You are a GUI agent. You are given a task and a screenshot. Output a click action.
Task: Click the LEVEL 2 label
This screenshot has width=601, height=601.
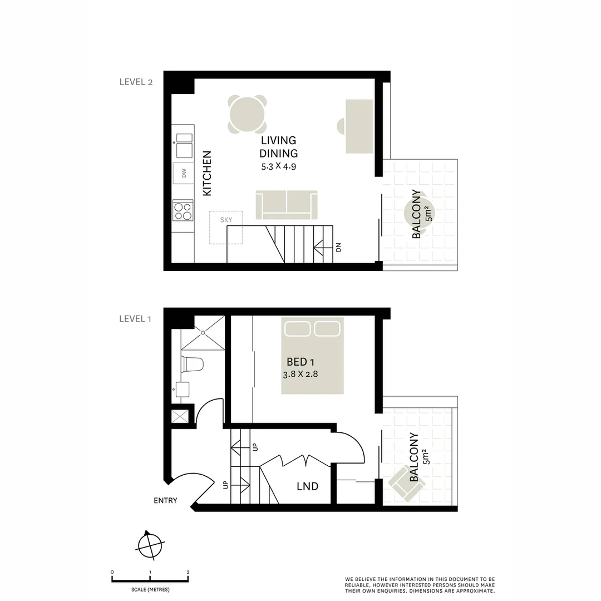(x=136, y=82)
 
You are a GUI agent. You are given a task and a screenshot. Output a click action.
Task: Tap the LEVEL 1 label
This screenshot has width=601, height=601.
(x=135, y=319)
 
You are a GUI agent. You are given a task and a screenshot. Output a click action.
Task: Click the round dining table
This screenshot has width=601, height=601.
(x=247, y=115)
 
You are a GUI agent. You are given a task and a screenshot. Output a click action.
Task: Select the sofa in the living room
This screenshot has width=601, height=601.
(x=286, y=205)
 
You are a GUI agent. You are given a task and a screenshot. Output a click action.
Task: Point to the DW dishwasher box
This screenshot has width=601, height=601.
(x=183, y=174)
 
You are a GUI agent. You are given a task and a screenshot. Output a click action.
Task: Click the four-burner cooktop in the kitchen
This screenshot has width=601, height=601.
(x=183, y=211)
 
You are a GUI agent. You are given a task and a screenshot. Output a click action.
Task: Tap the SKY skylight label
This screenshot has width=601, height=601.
(x=226, y=220)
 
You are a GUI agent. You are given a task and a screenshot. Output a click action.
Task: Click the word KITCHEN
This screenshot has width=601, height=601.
(x=207, y=173)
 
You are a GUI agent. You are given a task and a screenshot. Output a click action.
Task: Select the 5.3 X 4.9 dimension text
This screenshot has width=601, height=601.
(x=278, y=166)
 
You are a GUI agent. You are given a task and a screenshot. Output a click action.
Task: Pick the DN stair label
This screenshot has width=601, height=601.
(x=338, y=247)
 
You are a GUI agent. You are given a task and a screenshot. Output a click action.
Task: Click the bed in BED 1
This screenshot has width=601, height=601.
(x=312, y=356)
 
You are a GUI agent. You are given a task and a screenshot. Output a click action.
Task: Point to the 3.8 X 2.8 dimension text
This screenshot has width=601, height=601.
(x=300, y=374)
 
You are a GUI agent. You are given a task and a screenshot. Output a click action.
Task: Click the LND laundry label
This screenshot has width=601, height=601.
(x=307, y=486)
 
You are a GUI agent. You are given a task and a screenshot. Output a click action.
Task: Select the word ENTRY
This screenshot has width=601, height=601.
(x=165, y=500)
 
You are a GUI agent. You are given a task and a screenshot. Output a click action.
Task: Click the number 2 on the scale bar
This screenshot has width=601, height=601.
(x=188, y=572)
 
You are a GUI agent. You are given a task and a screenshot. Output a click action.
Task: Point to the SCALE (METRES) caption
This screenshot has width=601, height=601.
(x=150, y=589)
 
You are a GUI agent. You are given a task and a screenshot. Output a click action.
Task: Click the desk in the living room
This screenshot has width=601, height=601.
(x=359, y=126)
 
